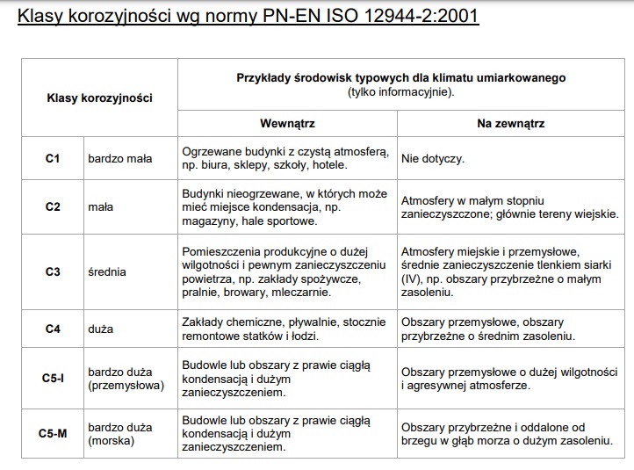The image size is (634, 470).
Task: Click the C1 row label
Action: click(x=52, y=159)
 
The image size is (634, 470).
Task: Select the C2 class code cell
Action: click(x=52, y=207)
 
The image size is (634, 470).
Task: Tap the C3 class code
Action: click(x=52, y=271)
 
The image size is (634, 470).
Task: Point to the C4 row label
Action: click(x=52, y=329)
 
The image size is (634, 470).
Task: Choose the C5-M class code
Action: click(x=53, y=433)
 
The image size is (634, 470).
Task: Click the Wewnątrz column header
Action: click(x=287, y=124)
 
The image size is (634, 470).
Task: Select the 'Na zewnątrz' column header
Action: click(x=510, y=124)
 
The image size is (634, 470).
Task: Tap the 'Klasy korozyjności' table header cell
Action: click(x=99, y=98)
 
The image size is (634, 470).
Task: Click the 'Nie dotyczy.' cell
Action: click(x=433, y=159)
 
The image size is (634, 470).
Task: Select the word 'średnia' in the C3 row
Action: click(x=106, y=271)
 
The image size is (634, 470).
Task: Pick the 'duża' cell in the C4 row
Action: click(x=100, y=329)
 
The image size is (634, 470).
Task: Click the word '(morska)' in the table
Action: click(x=111, y=441)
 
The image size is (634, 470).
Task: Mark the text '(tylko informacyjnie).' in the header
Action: click(x=400, y=91)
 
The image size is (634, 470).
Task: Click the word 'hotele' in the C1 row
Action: click(x=328, y=165)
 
